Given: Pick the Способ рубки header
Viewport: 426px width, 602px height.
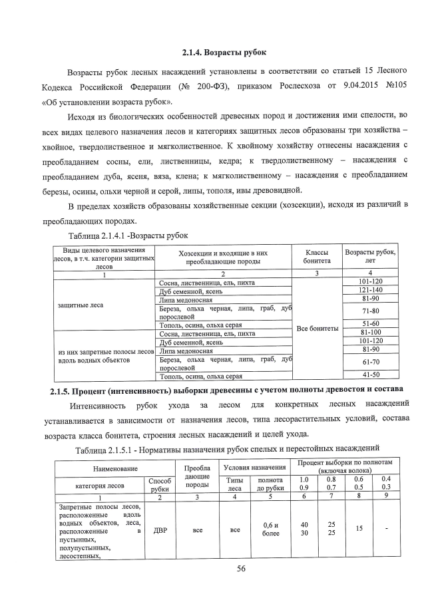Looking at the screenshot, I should click(160, 484).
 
